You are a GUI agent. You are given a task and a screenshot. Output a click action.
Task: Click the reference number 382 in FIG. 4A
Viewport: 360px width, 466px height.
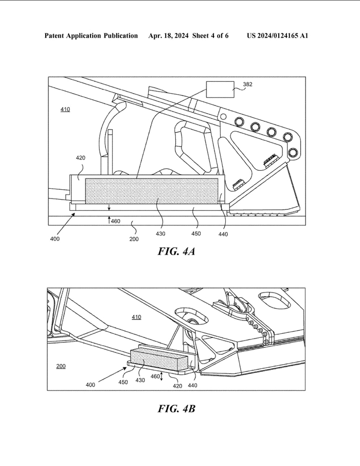247,84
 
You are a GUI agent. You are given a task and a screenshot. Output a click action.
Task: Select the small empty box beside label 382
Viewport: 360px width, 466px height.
220,89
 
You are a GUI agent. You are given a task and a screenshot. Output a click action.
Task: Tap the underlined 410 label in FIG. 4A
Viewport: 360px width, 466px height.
65,110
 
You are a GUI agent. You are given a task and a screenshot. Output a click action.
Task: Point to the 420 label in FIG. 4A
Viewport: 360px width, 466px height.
81,158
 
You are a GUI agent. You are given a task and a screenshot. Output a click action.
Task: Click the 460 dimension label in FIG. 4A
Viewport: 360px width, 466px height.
116,221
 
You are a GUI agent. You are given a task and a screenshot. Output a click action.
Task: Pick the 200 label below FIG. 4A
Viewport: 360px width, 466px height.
134,239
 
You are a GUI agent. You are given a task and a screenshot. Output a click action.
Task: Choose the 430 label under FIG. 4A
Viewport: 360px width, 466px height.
160,234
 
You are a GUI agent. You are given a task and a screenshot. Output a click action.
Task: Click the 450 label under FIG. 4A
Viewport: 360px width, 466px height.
196,234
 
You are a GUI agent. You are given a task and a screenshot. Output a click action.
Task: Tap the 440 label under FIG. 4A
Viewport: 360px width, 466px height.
223,235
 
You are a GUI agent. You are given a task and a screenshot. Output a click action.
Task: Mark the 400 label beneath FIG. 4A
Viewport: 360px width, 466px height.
55,239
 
